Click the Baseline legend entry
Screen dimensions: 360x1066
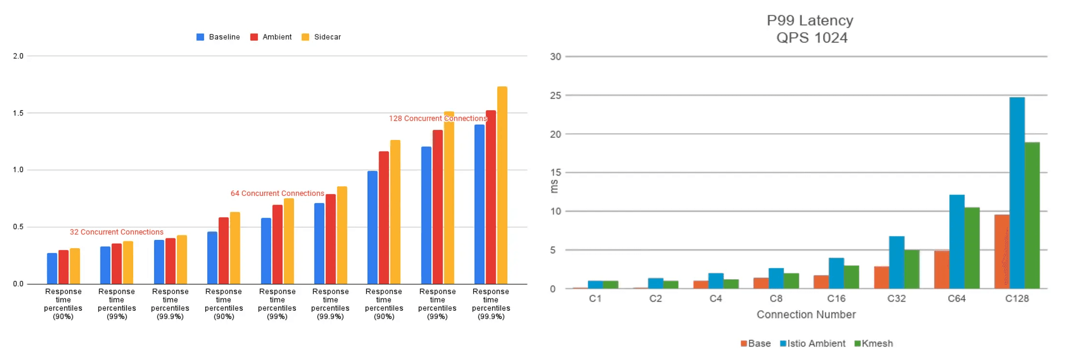point(218,37)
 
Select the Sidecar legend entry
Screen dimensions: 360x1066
point(322,37)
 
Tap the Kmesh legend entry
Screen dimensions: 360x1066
point(874,344)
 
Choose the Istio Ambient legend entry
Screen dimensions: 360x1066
point(813,344)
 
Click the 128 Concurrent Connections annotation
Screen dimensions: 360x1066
point(438,119)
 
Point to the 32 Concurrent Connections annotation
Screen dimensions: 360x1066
point(116,232)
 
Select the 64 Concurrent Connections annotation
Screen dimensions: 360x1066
point(277,194)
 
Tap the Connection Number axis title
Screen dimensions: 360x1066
point(806,315)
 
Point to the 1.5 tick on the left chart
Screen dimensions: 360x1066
point(18,113)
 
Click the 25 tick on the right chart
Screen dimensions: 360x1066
point(556,96)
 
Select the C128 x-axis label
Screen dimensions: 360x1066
point(1017,299)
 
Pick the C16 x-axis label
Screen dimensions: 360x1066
point(836,299)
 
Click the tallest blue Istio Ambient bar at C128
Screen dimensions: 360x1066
point(1017,193)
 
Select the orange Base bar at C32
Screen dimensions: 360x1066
point(881,277)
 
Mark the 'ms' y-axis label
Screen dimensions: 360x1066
point(554,186)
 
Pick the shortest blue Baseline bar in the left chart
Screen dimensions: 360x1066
point(52,268)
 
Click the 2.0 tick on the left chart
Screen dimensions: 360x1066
point(18,56)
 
